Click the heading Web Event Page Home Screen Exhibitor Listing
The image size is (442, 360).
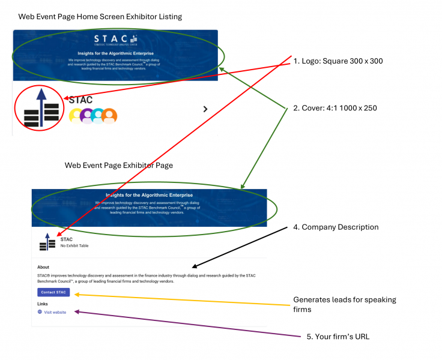point(100,17)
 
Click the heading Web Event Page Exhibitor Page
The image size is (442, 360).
point(118,165)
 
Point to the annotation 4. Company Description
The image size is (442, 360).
point(336,227)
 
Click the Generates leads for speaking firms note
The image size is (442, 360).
point(344,304)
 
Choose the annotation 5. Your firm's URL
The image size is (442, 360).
point(338,337)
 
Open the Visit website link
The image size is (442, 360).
point(55,312)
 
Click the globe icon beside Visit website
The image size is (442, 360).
point(40,312)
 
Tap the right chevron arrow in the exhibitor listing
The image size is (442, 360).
point(205,109)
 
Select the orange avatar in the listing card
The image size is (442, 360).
point(109,115)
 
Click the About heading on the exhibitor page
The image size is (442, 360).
point(43,267)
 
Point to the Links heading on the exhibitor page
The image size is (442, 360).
point(43,304)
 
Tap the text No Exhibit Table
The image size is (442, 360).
point(74,246)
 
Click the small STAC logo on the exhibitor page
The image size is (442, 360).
point(47,242)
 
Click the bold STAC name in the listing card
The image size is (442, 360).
point(80,100)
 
